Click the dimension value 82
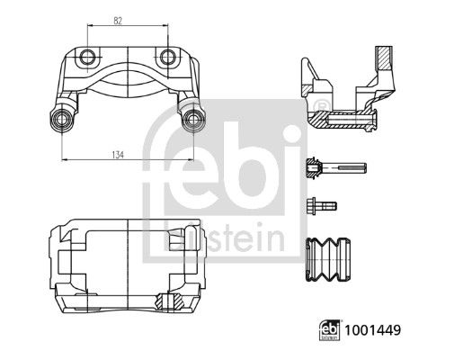pos(118,21)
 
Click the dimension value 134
pos(118,155)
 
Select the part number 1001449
pos(373,330)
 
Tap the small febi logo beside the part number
pos(330,330)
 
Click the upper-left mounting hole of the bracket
pos(87,57)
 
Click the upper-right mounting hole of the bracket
pos(167,57)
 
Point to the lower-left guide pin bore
pos(61,119)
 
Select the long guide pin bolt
pos(336,167)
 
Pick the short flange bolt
pos(322,206)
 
